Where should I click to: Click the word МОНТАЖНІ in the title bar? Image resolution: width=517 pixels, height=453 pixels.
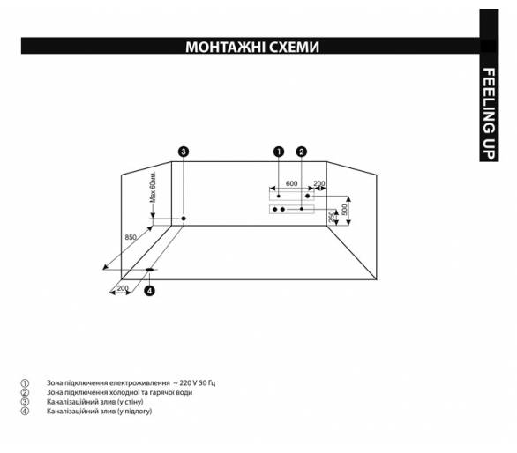tap(225, 47)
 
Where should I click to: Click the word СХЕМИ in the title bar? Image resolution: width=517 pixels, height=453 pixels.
tap(294, 47)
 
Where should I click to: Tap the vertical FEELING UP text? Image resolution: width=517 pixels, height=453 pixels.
tap(489, 114)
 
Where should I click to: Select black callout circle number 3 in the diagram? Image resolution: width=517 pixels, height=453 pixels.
tap(184, 152)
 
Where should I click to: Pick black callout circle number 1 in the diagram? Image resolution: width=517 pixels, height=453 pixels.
tap(279, 152)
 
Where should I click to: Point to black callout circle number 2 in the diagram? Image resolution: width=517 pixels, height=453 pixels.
tap(302, 152)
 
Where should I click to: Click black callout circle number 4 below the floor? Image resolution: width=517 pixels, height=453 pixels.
tap(150, 291)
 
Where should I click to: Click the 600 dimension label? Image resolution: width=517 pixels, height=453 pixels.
tap(291, 183)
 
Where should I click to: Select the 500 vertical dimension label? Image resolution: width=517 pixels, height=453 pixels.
tap(345, 209)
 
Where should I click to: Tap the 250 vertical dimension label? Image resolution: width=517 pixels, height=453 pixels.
tap(332, 217)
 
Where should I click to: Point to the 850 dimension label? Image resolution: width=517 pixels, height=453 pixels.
tap(131, 237)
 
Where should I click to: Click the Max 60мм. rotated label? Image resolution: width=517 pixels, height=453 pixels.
tap(153, 188)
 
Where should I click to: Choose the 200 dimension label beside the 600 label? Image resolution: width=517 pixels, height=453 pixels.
tap(319, 183)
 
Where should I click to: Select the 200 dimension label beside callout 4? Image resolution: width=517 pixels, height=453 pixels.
tap(123, 288)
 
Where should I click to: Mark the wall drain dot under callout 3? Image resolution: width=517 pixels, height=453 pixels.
tap(184, 219)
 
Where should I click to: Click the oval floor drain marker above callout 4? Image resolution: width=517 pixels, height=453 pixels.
tap(150, 270)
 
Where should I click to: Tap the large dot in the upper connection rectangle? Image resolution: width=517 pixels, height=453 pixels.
tap(308, 196)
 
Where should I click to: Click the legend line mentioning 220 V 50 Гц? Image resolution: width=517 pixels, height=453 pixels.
tap(131, 383)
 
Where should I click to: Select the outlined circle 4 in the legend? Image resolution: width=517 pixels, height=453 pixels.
tap(25, 412)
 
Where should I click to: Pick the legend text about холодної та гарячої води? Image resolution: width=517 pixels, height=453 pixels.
tap(119, 392)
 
